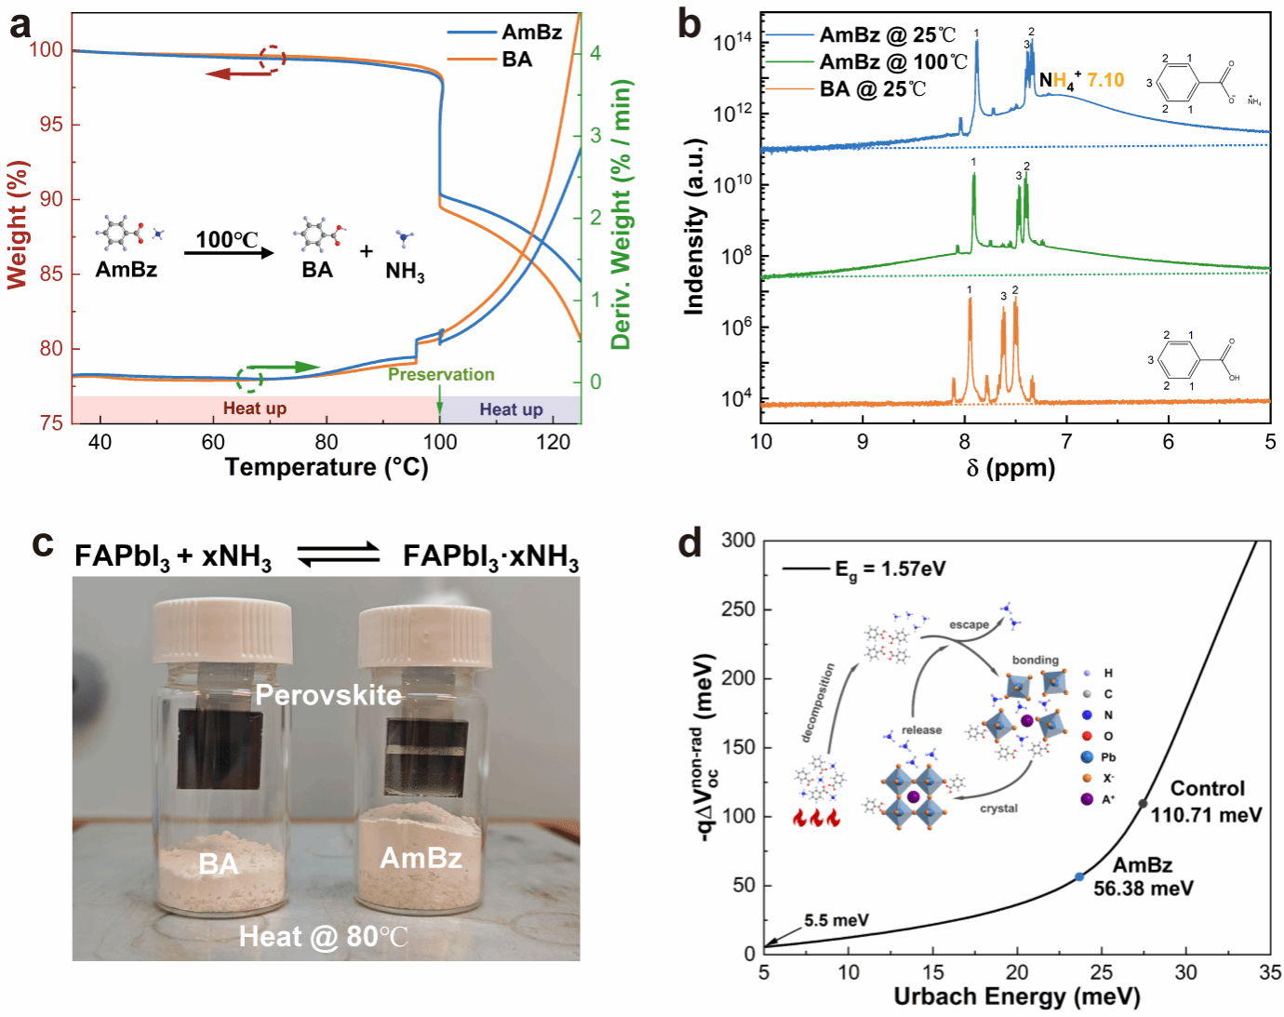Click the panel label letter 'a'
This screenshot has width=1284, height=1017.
[x=20, y=25]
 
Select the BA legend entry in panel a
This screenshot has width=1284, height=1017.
[x=516, y=60]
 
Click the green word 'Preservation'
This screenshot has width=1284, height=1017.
[x=441, y=374]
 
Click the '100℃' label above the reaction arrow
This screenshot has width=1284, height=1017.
[x=226, y=239]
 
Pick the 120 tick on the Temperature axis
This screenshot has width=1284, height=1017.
[x=553, y=442]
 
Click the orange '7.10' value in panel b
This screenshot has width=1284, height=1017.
[x=1105, y=80]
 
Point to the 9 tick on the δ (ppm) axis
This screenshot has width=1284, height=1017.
[x=863, y=442]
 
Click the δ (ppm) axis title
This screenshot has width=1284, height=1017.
[x=1010, y=467]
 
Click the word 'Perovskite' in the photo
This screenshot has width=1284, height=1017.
[x=328, y=695]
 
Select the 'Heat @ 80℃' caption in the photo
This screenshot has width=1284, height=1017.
[x=323, y=936]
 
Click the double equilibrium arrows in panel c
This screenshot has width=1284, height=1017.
[x=339, y=555]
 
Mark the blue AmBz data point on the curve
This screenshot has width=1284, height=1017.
[x=1079, y=876]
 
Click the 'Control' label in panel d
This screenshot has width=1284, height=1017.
[x=1207, y=789]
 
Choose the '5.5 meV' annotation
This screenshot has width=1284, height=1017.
[x=836, y=920]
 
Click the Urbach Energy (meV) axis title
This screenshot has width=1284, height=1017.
[x=1016, y=997]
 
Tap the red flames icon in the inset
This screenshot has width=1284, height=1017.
[x=816, y=818]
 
